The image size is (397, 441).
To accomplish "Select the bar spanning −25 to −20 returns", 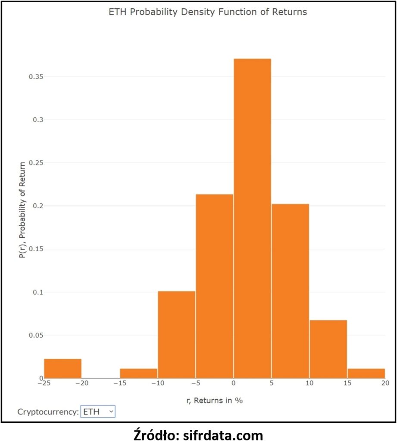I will (63, 368).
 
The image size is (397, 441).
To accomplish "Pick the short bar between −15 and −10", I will (138, 373).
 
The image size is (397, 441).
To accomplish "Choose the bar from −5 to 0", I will (214, 286).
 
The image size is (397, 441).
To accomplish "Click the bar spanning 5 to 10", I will (290, 291).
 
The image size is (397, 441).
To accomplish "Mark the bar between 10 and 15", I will (328, 349).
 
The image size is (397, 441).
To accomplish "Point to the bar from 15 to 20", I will (366, 373).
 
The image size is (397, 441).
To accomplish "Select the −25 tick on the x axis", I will (44, 383).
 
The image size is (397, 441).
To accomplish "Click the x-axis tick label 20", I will (385, 383).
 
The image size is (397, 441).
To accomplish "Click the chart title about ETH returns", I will (207, 12).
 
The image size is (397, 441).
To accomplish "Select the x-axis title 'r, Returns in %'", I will (214, 401).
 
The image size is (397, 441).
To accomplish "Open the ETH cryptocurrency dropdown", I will (98, 412).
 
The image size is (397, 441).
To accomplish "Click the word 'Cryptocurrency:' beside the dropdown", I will (48, 412).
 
